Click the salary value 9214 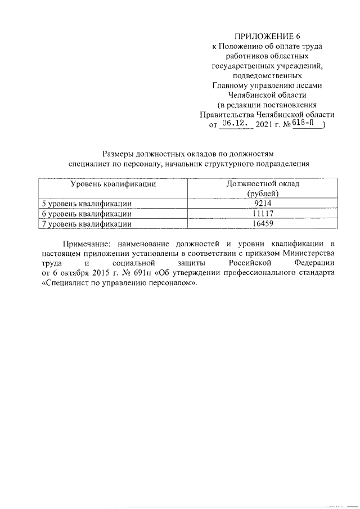point(263,204)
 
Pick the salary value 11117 point(263,214)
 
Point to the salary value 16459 point(263,224)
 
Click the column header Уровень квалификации point(112,184)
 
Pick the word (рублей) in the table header point(263,193)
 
